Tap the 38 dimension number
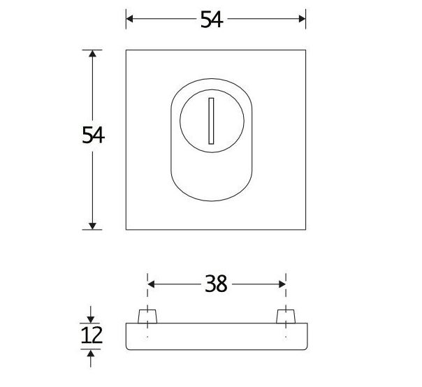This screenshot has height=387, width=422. [x=217, y=284]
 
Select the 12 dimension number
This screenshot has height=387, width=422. [x=92, y=335]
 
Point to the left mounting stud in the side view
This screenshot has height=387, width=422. [x=147, y=316]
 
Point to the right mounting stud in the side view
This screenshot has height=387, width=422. [x=285, y=316]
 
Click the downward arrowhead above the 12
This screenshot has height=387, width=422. [x=92, y=318]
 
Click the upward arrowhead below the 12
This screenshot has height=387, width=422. [x=92, y=354]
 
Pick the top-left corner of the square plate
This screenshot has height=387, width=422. [x=126, y=50]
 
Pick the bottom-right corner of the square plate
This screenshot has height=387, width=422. [x=306, y=229]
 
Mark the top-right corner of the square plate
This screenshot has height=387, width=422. [x=306, y=50]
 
